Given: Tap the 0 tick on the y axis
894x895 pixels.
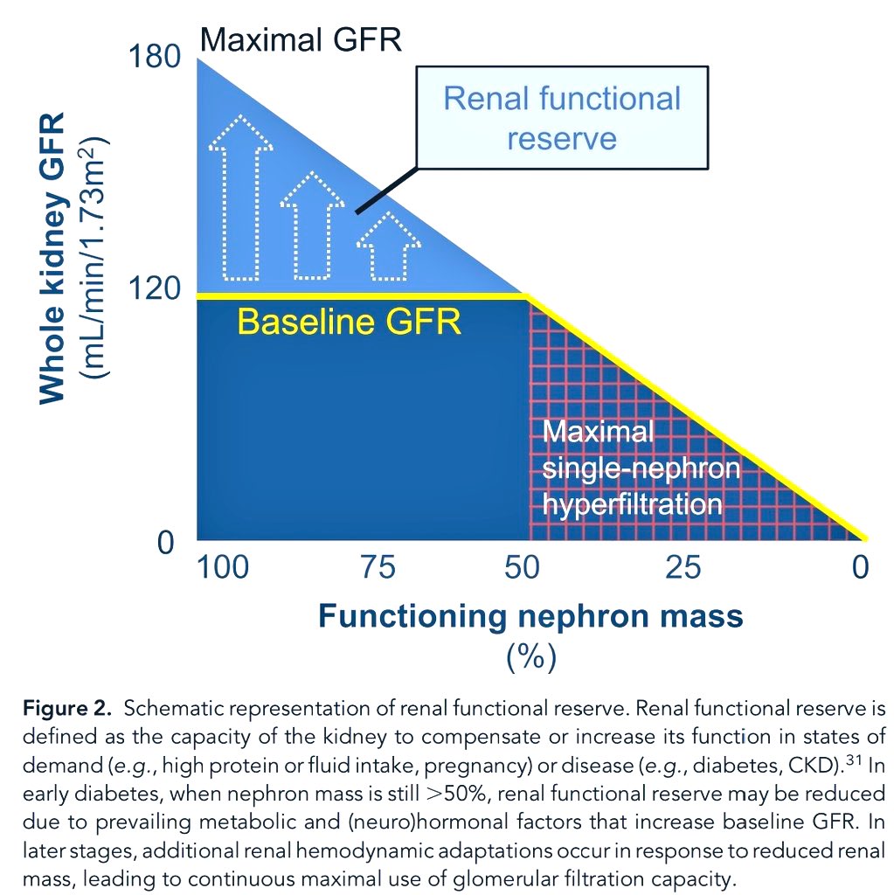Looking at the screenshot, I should [166, 543].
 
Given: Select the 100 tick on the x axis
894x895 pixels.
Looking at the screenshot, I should [222, 568].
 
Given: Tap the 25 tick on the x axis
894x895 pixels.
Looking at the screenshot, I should [683, 568].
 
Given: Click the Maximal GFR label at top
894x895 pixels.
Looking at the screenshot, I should [301, 39].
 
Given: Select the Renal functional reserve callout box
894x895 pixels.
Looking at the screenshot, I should [561, 117].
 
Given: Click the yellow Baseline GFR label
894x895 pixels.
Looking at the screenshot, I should [349, 323].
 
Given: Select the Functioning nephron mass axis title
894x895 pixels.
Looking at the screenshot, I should [530, 616].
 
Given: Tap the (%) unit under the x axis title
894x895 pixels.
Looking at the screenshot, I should [530, 656].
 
